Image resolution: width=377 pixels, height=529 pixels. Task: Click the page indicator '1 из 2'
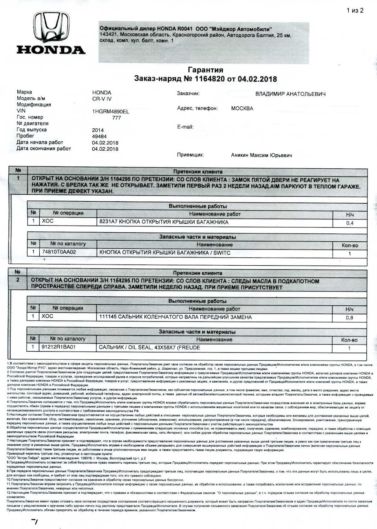[x=355, y=11]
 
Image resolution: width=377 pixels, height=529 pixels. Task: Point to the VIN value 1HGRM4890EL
[x=110, y=111]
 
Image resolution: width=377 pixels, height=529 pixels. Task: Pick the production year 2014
[x=98, y=130]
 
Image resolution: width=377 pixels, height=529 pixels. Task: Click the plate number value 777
[x=116, y=118]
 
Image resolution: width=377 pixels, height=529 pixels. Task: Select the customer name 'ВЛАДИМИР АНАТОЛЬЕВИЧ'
[x=290, y=94]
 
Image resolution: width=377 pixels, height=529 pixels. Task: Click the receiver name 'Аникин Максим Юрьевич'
[x=262, y=155]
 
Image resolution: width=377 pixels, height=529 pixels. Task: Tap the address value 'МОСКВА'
[x=242, y=108]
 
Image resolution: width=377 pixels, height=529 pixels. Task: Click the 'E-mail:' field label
[x=185, y=127]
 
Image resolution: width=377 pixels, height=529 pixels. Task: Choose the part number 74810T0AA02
[x=59, y=253]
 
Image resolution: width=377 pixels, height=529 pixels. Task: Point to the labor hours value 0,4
[x=350, y=223]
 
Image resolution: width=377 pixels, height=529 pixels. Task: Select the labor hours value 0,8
[x=350, y=318]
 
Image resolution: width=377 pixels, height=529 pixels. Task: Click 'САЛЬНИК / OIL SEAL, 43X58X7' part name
[x=149, y=348]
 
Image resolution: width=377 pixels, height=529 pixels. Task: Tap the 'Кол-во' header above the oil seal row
[x=350, y=340]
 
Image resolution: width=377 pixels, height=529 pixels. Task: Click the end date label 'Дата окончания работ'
[x=44, y=149]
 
